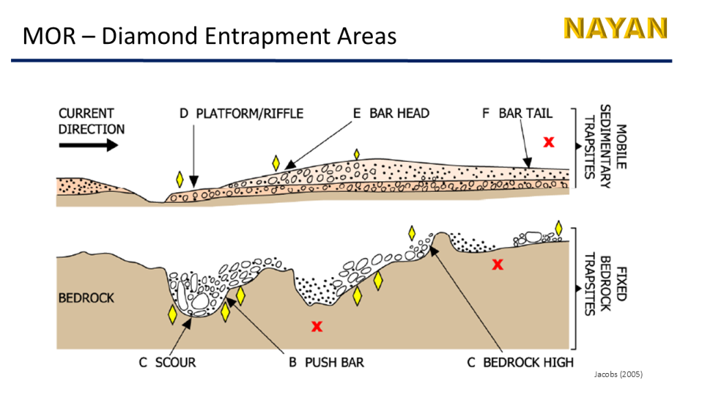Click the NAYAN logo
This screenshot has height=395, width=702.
point(615,28)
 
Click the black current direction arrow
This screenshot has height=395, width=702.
point(88,145)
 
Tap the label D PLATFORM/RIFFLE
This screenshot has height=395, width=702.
point(241,113)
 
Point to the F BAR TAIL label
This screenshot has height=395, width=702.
point(516,113)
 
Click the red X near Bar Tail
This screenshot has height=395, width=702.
point(548,142)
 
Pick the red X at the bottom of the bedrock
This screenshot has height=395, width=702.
point(317,326)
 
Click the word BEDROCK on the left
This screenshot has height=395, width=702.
point(86,298)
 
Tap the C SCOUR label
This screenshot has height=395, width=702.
point(167,362)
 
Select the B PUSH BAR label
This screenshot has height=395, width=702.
point(326,362)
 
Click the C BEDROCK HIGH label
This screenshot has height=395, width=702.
point(520,362)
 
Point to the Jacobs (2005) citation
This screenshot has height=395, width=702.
point(618,374)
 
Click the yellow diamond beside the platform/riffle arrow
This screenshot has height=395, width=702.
point(180,180)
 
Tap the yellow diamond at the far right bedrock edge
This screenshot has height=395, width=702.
point(559,228)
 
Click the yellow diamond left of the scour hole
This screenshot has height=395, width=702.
point(172,315)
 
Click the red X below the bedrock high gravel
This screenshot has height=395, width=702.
point(498,264)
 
